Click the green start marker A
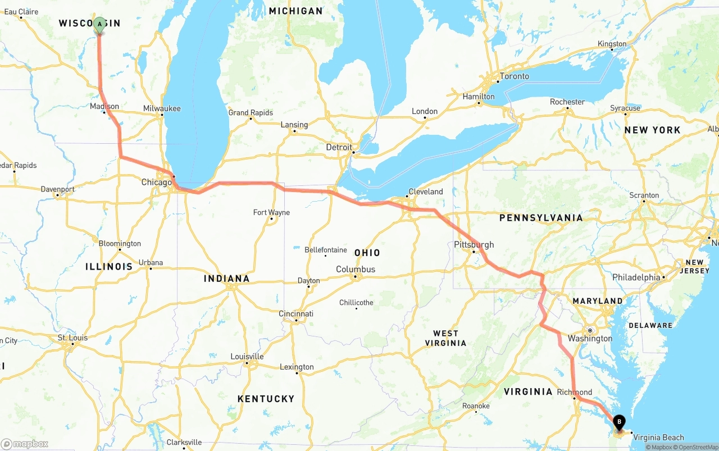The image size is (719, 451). pyautogui.click(x=99, y=25)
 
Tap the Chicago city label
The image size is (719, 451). pyautogui.click(x=156, y=183)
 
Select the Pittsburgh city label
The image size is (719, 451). pyautogui.click(x=474, y=244)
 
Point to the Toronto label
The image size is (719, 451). pyautogui.click(x=514, y=76)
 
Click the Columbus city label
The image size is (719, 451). pyautogui.click(x=355, y=270)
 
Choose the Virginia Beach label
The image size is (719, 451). pyautogui.click(x=658, y=438)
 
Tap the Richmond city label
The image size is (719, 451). pyautogui.click(x=574, y=392)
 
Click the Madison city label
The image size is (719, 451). pyautogui.click(x=104, y=107)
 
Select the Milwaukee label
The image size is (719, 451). pyautogui.click(x=162, y=108)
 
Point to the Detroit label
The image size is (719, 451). pyautogui.click(x=339, y=147)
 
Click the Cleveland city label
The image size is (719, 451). pyautogui.click(x=426, y=192)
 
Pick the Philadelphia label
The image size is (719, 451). pyautogui.click(x=636, y=277)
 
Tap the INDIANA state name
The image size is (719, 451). pyautogui.click(x=226, y=279)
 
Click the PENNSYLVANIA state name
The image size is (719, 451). pyautogui.click(x=541, y=218)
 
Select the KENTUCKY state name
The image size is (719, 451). pyautogui.click(x=266, y=399)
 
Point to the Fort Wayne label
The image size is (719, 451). pyautogui.click(x=271, y=213)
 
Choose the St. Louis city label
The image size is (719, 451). pyautogui.click(x=72, y=338)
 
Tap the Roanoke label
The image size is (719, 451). pyautogui.click(x=476, y=406)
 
